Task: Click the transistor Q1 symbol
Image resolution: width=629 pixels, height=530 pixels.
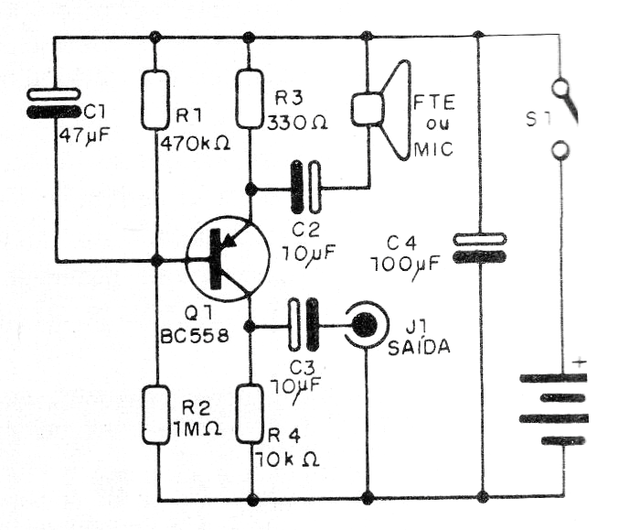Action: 224,259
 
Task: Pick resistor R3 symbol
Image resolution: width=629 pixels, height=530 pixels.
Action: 249,99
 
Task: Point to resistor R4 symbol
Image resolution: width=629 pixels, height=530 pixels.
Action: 249,413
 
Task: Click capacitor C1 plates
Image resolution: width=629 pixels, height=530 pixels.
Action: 54,103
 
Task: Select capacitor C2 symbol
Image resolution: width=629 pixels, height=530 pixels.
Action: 306,190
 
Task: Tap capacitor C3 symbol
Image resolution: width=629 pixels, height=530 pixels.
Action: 304,325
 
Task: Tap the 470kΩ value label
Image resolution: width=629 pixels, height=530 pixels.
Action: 196,144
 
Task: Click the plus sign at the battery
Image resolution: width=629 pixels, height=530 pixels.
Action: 578,363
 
